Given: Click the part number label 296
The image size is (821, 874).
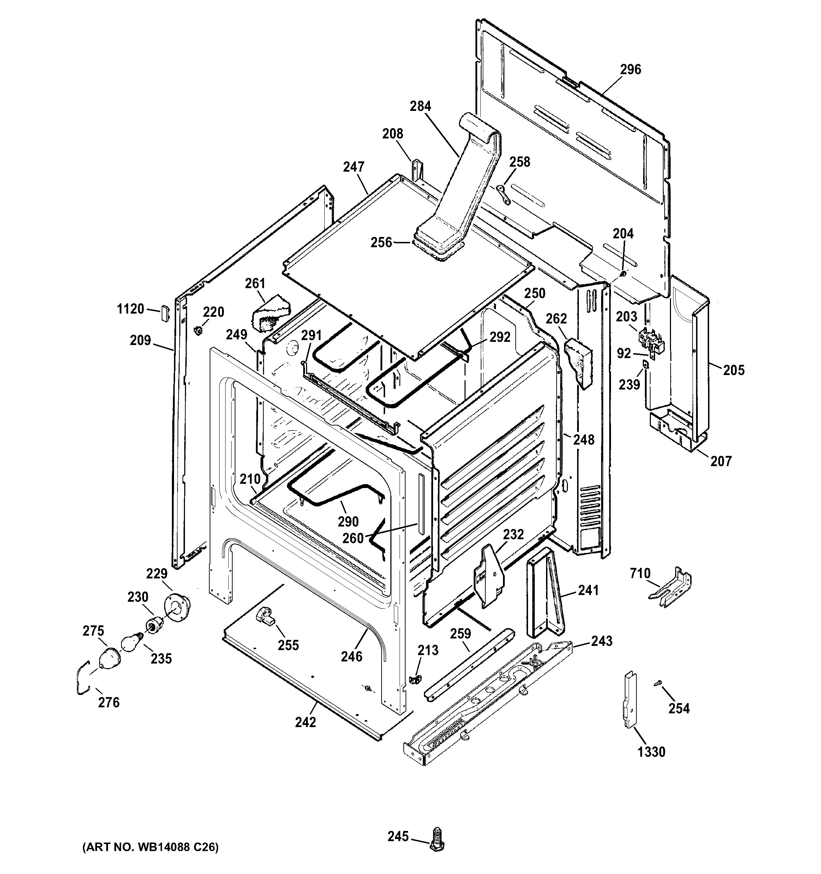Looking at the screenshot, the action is [x=630, y=70].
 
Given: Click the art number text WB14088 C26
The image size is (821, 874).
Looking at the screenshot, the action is [x=151, y=847].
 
